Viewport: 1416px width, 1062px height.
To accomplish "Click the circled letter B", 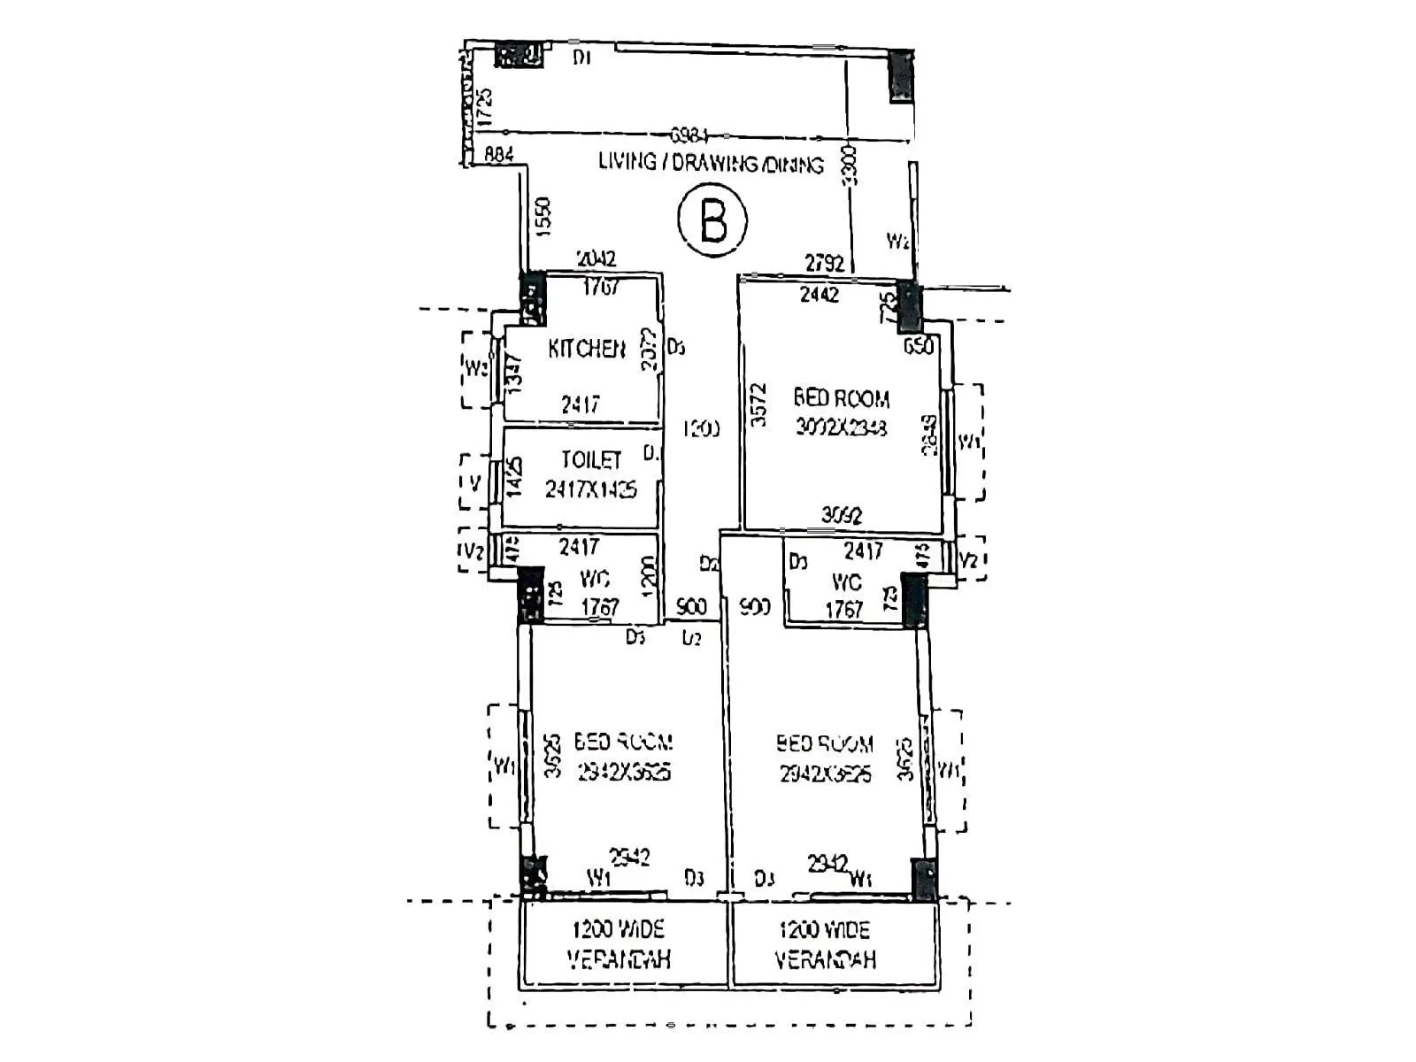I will pyautogui.click(x=712, y=219).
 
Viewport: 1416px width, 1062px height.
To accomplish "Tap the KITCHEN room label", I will pyautogui.click(x=586, y=349).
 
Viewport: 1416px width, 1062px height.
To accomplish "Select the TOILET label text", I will pyautogui.click(x=591, y=460).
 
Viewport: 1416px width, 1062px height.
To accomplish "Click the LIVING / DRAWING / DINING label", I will pyautogui.click(x=711, y=163).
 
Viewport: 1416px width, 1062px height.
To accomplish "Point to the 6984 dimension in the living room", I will pyautogui.click(x=689, y=135).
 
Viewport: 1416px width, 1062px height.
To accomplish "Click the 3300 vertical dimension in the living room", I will pyautogui.click(x=850, y=165).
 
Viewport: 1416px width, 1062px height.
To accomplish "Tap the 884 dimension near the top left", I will pyautogui.click(x=498, y=155).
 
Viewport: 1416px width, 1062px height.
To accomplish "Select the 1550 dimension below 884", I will pyautogui.click(x=543, y=215).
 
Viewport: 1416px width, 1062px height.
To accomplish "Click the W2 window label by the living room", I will pyautogui.click(x=897, y=241).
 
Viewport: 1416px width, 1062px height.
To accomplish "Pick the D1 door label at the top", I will pyautogui.click(x=581, y=58).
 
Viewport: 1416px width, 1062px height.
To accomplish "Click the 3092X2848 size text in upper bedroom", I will pyautogui.click(x=841, y=427).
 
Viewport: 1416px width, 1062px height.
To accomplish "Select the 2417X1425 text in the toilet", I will pyautogui.click(x=590, y=489).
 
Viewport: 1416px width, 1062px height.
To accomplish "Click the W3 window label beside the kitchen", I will pyautogui.click(x=476, y=367).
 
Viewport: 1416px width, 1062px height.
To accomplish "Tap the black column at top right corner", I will pyautogui.click(x=900, y=75).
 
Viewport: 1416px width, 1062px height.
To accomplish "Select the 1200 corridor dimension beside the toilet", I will pyautogui.click(x=701, y=429).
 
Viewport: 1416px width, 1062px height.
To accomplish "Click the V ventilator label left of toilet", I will pyautogui.click(x=475, y=483).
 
